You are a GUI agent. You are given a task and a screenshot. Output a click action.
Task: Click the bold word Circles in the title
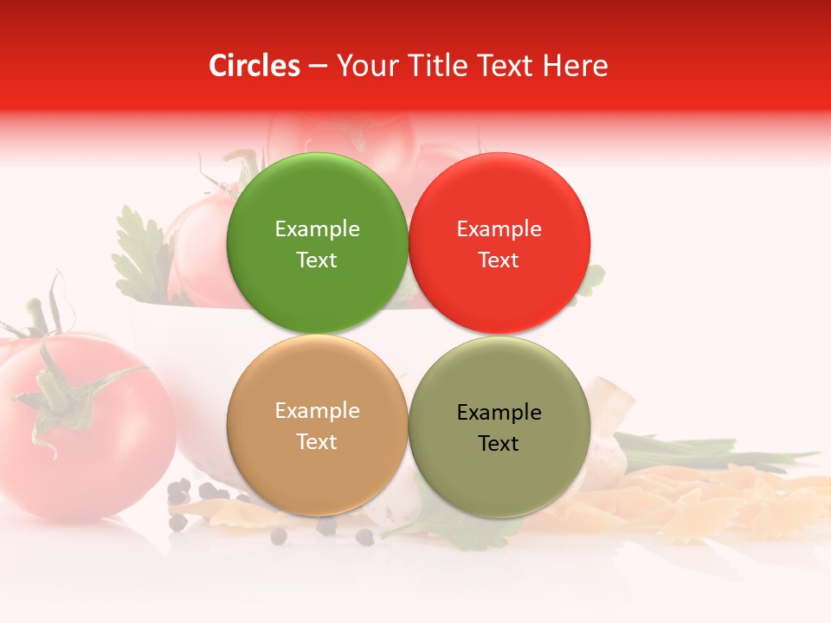pyautogui.click(x=254, y=66)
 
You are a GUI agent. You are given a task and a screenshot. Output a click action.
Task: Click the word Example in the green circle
pyautogui.click(x=317, y=228)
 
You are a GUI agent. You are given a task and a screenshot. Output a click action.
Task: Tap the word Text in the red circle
pyautogui.click(x=499, y=260)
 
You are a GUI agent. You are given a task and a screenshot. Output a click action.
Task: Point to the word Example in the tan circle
pyautogui.click(x=317, y=410)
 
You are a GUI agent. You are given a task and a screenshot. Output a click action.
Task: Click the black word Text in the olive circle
pyautogui.click(x=499, y=443)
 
